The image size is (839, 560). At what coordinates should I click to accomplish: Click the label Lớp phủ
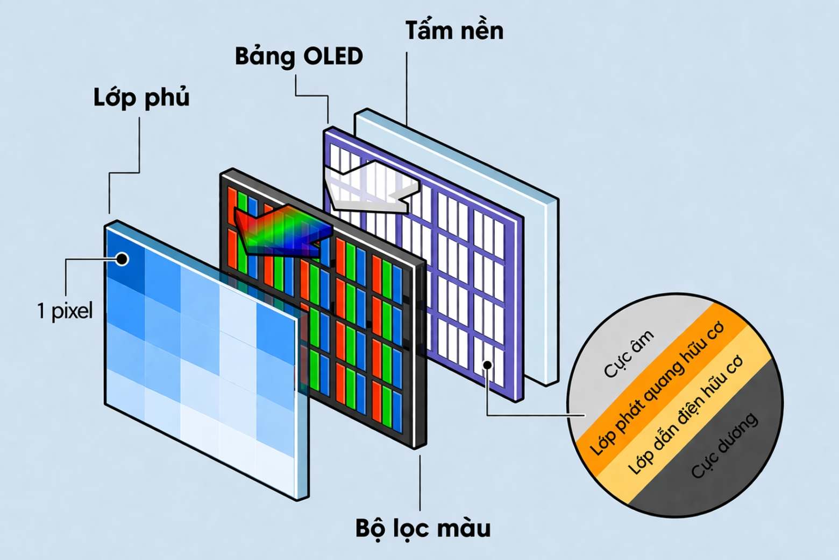coord(141,98)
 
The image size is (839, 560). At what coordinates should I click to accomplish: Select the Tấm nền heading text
coord(454,31)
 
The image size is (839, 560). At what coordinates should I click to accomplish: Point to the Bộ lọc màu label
coord(423,528)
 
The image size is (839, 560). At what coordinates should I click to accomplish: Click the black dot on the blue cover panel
coord(122,259)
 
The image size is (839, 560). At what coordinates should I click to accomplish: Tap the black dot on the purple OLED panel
coord(487,365)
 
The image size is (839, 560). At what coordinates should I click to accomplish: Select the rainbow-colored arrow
coord(282,232)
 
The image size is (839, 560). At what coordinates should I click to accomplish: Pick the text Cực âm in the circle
coord(628,354)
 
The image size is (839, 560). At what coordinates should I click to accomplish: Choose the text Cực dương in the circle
coord(724,445)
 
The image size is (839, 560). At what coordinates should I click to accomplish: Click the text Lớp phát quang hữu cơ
coord(657,390)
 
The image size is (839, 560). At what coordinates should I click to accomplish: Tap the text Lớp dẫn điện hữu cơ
coord(685,415)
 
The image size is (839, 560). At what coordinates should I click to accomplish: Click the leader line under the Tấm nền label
coord(407,86)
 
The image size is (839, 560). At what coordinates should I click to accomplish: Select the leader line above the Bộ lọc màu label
coord(420,482)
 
